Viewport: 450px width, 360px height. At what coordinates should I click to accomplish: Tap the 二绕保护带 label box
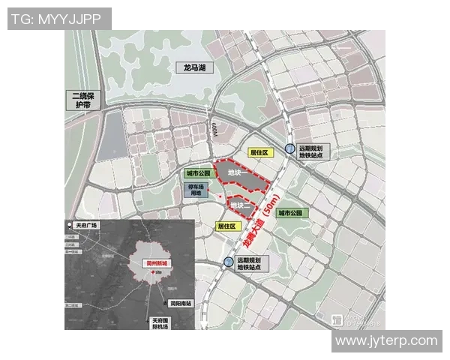point(82,100)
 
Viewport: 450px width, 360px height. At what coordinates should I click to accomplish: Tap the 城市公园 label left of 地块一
point(198,173)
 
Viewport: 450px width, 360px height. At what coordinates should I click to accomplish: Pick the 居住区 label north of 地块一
point(259,152)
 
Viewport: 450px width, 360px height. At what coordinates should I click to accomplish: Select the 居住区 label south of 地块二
point(226,226)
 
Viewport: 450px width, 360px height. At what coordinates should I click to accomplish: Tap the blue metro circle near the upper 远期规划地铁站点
point(289,149)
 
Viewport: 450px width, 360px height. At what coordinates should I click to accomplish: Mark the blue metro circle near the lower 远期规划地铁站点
point(227,261)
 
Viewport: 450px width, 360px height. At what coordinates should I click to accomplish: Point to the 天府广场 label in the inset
point(87,225)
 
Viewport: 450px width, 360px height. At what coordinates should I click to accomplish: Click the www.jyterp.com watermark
point(385,340)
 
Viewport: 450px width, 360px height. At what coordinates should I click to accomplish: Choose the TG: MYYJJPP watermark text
point(59,18)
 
